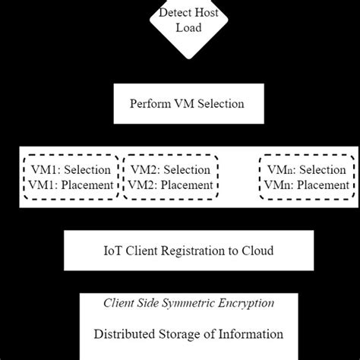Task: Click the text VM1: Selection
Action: (x=71, y=169)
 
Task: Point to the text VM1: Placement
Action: (x=71, y=185)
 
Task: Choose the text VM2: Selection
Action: (x=169, y=169)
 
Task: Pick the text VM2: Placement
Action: (x=169, y=185)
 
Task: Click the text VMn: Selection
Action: (x=308, y=169)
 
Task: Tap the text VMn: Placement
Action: (x=308, y=185)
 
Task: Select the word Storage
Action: (x=184, y=333)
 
